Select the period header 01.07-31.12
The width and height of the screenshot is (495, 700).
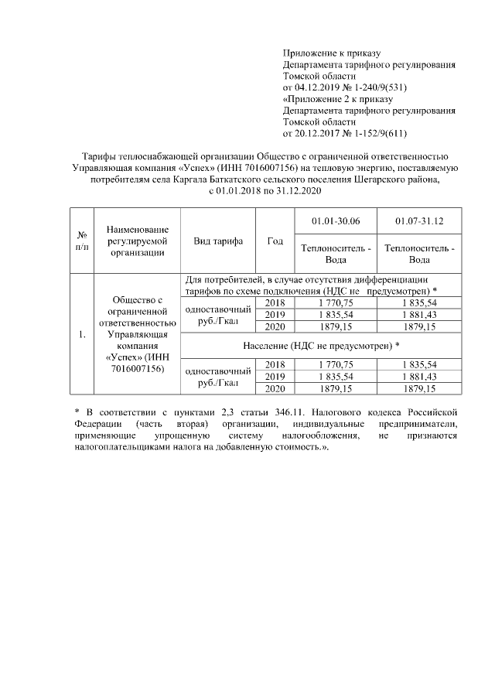pyautogui.click(x=419, y=221)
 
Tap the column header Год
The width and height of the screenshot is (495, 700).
pyautogui.click(x=275, y=241)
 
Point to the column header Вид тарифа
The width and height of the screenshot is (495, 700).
pyautogui.click(x=218, y=241)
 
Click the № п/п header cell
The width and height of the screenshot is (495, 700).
pyautogui.click(x=81, y=241)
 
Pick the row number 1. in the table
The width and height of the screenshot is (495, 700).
pyautogui.click(x=81, y=335)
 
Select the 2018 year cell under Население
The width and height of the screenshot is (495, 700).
pyautogui.click(x=275, y=364)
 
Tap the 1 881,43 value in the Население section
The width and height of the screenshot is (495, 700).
pyautogui.click(x=419, y=377)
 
